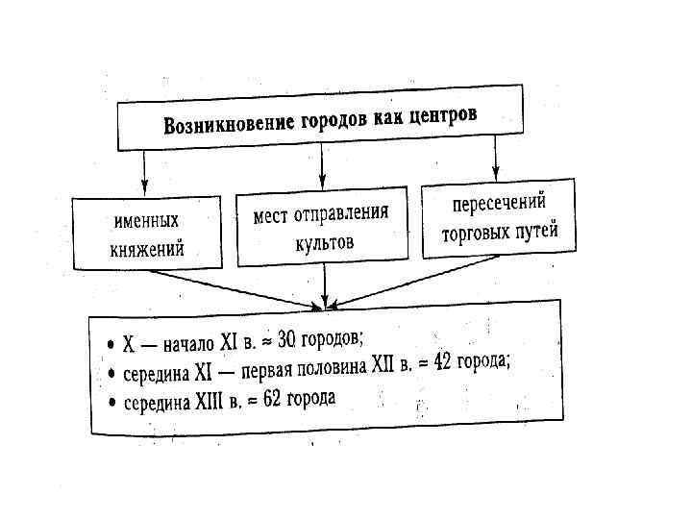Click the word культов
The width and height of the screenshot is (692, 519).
324,242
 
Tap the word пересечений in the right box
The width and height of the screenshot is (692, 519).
499,204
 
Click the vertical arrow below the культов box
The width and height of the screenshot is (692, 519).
326,285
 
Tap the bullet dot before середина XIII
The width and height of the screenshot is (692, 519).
111,402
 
